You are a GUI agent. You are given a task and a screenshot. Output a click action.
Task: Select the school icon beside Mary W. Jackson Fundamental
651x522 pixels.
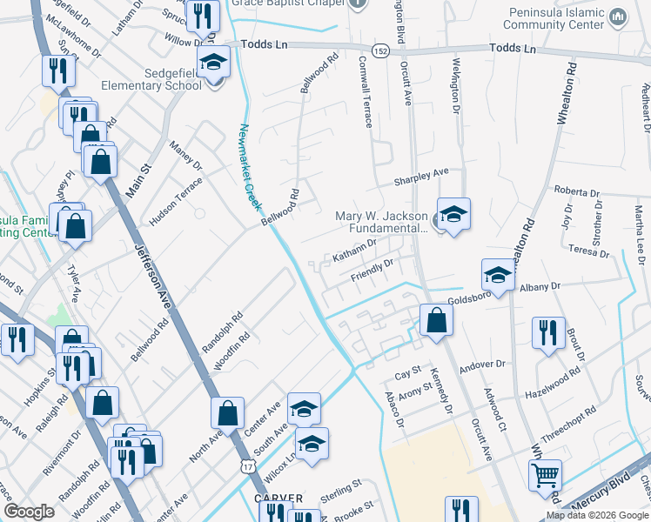453,213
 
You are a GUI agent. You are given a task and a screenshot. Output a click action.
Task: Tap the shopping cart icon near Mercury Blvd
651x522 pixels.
545,475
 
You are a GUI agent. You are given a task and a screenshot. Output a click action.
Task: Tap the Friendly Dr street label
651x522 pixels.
372,271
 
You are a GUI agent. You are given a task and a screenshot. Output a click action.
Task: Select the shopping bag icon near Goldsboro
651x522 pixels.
435,319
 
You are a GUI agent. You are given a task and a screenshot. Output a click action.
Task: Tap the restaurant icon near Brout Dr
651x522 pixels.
547,333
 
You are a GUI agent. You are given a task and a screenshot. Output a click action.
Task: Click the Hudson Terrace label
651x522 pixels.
175,203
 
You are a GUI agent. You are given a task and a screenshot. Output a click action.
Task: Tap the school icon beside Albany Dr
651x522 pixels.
498,275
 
